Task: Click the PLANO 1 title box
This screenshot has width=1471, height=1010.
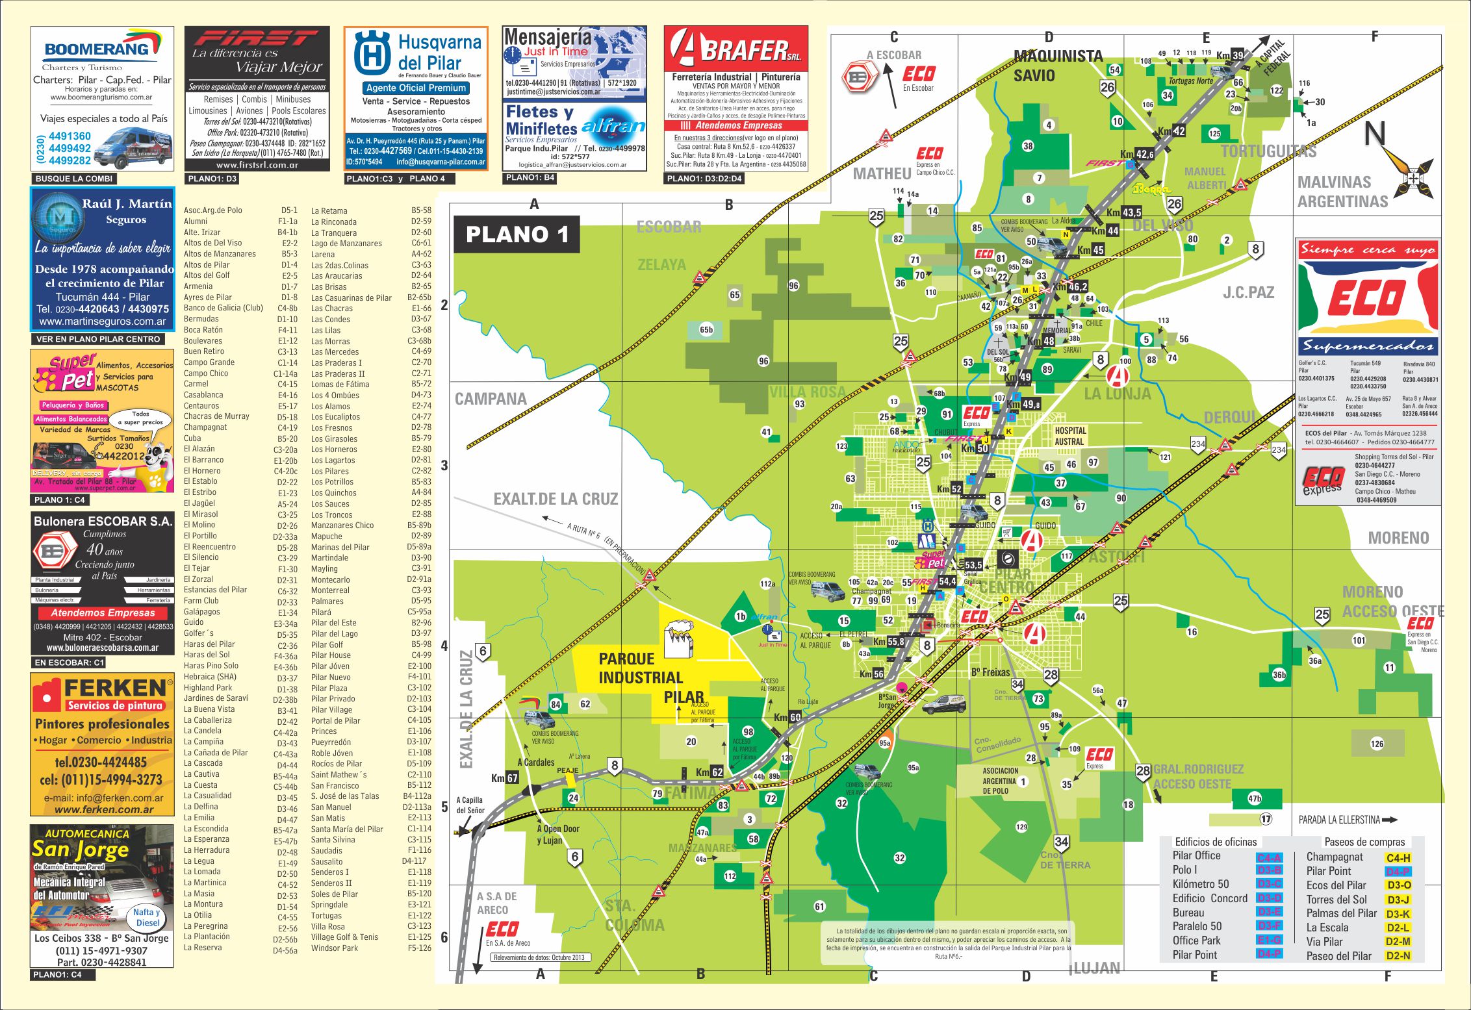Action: point(517,234)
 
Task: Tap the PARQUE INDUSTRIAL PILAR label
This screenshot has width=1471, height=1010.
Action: point(640,677)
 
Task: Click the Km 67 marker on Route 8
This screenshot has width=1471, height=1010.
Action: point(504,778)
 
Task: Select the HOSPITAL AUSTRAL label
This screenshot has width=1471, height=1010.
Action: point(1070,436)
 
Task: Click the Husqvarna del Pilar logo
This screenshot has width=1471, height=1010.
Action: point(372,53)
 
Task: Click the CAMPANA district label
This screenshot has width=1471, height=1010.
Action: point(491,399)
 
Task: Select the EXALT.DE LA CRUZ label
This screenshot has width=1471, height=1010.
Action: point(556,499)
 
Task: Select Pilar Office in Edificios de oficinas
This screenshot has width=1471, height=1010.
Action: point(1197,856)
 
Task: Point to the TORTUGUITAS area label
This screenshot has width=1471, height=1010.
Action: point(1268,151)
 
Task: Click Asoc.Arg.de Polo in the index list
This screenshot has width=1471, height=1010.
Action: point(213,210)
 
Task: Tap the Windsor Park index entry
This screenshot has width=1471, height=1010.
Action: point(335,948)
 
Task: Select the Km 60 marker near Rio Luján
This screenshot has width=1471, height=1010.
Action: point(787,718)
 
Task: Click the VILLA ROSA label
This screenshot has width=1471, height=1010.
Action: point(807,392)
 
